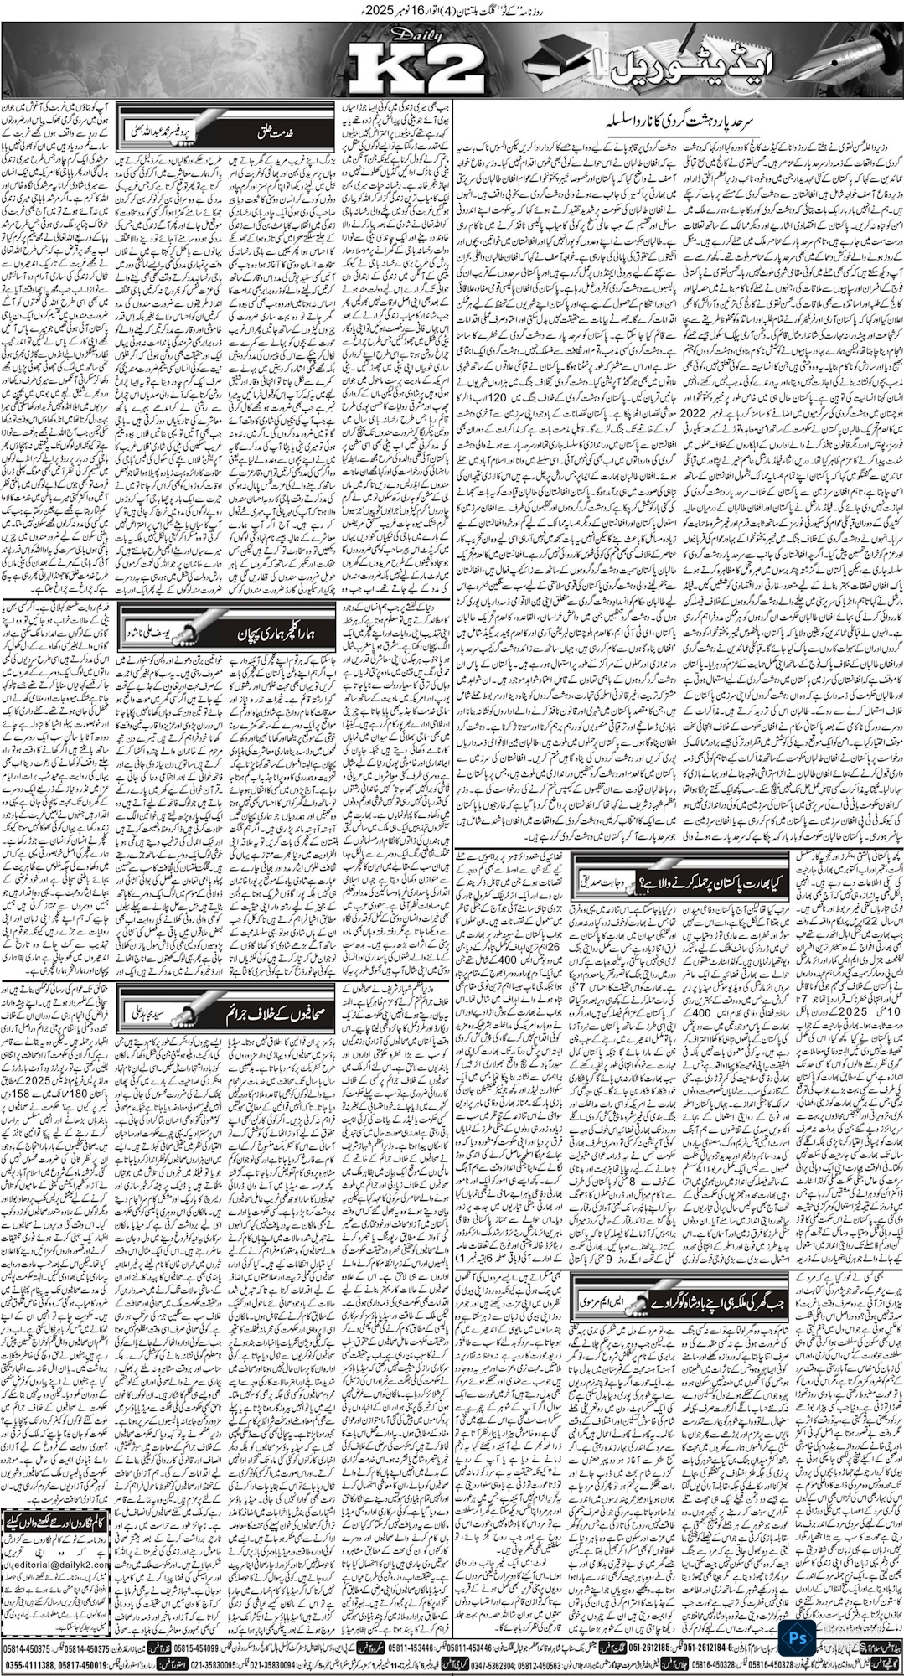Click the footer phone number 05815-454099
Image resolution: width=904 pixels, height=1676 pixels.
point(216,1647)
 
